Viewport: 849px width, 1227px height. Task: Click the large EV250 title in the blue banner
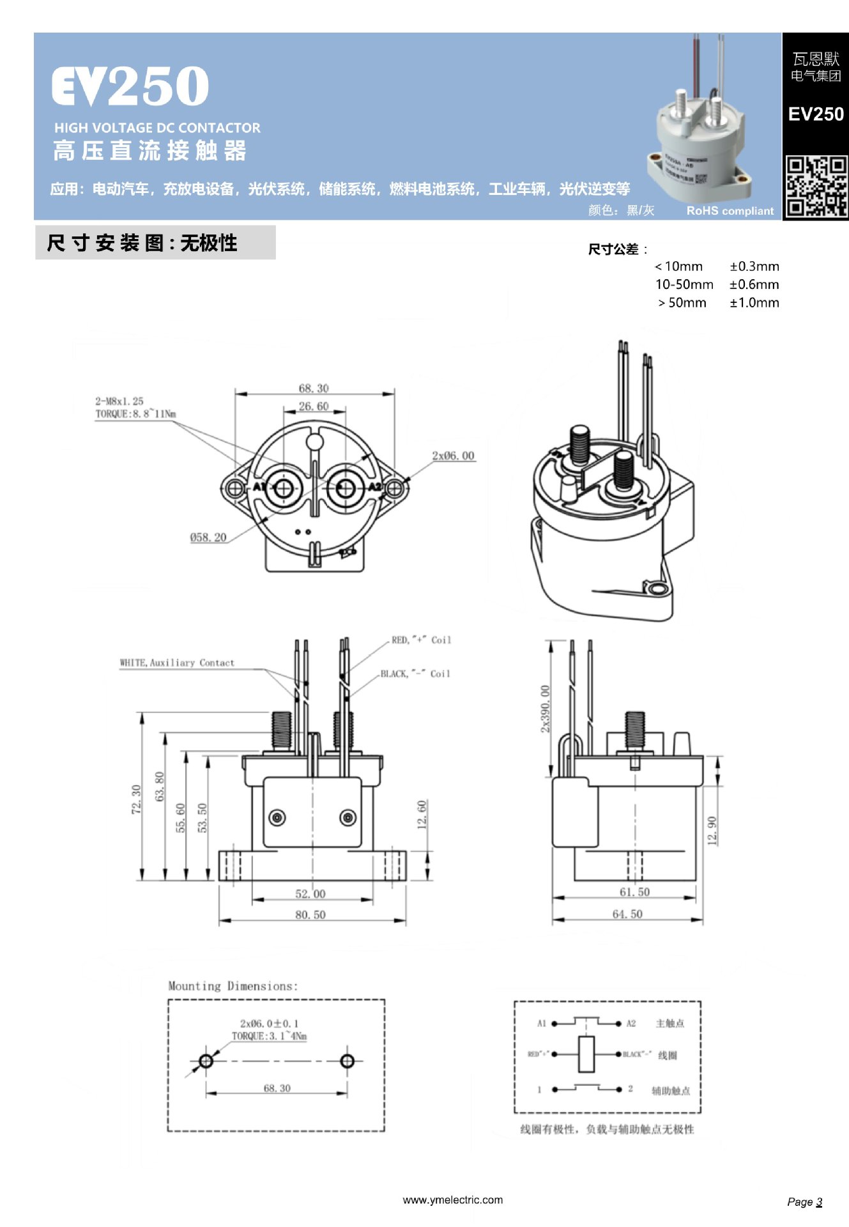click(x=130, y=87)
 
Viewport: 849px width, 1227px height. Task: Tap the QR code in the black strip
click(x=816, y=187)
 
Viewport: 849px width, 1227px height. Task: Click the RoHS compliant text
click(x=730, y=211)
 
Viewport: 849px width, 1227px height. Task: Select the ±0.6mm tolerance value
click(x=754, y=284)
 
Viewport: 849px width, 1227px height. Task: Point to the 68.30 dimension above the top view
click(x=314, y=388)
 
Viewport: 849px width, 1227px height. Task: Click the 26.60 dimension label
click(x=314, y=406)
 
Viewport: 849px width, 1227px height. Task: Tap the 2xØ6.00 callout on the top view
click(x=453, y=456)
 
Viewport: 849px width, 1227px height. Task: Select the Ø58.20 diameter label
click(x=208, y=537)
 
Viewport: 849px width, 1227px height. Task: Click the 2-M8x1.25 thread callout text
click(x=119, y=401)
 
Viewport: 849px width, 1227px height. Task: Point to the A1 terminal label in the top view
click(x=259, y=487)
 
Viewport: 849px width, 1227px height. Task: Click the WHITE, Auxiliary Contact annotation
click(x=177, y=663)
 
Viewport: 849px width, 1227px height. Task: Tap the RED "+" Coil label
click(x=421, y=640)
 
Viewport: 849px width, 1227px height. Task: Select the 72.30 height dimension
click(x=135, y=799)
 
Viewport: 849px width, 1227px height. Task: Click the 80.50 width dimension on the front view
click(x=310, y=914)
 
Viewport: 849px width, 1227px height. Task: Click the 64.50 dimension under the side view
click(x=627, y=914)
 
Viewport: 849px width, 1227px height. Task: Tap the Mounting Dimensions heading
click(x=233, y=985)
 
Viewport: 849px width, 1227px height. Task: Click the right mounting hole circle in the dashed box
click(x=347, y=1061)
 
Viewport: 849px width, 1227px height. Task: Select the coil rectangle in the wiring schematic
click(x=586, y=1054)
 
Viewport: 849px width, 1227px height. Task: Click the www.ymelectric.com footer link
click(x=452, y=1200)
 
